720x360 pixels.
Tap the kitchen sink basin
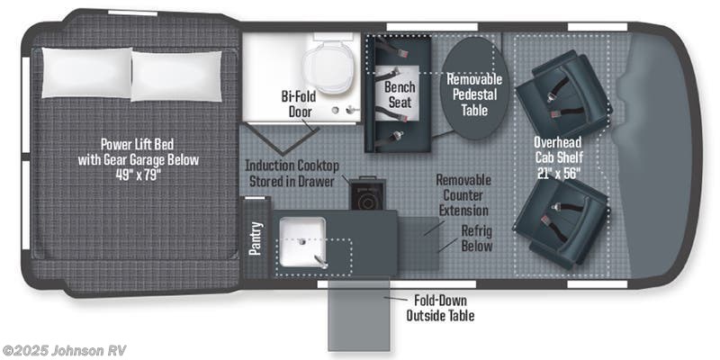(x=303, y=242)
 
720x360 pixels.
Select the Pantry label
(x=255, y=238)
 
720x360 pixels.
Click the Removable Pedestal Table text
(x=475, y=94)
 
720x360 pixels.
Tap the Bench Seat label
(x=400, y=94)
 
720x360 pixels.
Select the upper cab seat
(x=564, y=95)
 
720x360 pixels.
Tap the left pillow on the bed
(x=86, y=73)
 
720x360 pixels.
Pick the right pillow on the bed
(x=176, y=76)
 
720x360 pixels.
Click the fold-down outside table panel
(x=358, y=316)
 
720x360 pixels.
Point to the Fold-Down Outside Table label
(x=440, y=308)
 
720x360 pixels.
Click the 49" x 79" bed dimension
(x=138, y=175)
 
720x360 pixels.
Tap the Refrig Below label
(x=477, y=238)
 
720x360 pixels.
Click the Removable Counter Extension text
(x=463, y=195)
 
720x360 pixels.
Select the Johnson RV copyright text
(x=64, y=350)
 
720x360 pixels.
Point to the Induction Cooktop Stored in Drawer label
(x=292, y=173)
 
